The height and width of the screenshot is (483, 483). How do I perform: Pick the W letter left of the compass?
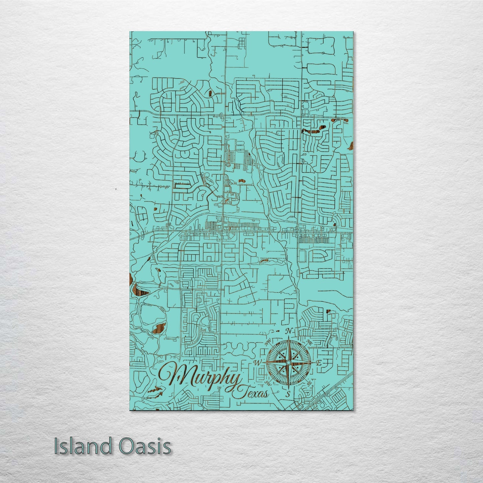pos(258,362)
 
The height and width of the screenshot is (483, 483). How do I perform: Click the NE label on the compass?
pos(310,342)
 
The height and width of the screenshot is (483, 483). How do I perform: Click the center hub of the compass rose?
pos(288,362)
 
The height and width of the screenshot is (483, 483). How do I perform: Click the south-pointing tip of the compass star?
pos(288,388)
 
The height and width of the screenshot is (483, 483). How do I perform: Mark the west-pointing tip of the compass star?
pos(263,362)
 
